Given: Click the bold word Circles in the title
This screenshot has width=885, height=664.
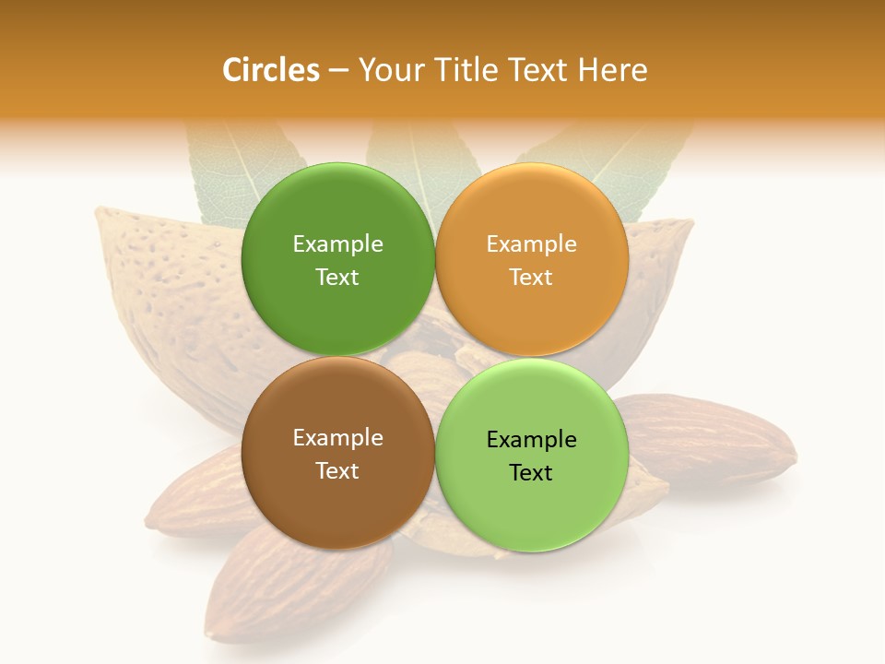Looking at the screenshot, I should (x=271, y=70).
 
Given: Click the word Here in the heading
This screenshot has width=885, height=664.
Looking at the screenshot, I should (x=613, y=70).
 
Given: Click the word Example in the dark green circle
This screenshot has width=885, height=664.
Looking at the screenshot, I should (x=337, y=244).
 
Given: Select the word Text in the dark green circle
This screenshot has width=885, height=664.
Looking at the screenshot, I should (x=337, y=278).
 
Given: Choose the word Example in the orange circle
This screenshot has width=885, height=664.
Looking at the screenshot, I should (x=532, y=244).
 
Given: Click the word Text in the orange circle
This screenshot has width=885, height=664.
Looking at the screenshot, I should (x=532, y=278).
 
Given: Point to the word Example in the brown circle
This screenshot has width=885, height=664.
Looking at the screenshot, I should (x=337, y=438).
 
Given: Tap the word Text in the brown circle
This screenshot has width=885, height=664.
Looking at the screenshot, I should (x=337, y=471).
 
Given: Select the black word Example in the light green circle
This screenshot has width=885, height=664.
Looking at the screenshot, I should (x=532, y=440).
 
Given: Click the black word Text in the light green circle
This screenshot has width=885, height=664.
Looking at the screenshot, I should (x=532, y=473).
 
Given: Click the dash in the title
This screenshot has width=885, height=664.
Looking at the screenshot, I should (x=338, y=71).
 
